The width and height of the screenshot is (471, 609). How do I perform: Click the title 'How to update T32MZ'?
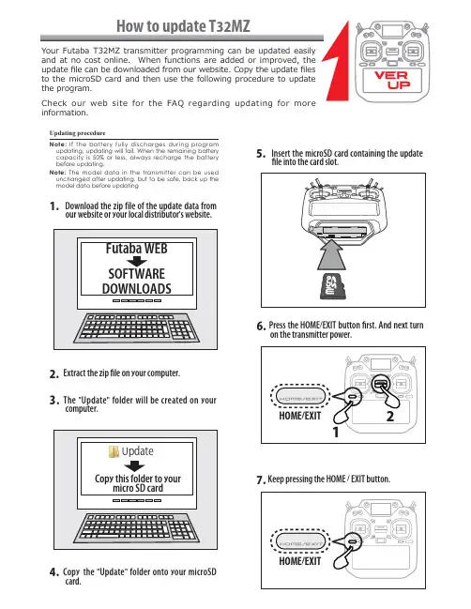pos(183,26)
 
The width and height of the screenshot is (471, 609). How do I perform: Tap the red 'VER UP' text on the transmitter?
pos(392,80)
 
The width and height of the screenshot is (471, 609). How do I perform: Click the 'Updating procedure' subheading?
pos(77,133)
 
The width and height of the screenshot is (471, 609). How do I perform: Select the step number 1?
pos(54,206)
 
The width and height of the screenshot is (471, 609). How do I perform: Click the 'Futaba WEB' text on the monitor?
pos(137,248)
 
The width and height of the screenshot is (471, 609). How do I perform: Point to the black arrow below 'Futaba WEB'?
pos(137,261)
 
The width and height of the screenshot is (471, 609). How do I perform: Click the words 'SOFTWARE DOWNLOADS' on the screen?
pos(137,282)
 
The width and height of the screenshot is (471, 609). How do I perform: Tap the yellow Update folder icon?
pos(114,451)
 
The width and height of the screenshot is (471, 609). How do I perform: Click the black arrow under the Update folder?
pos(134,466)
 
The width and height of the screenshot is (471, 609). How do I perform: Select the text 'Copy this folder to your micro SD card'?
pos(138,483)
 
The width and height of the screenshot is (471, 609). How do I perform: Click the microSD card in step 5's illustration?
pos(331,286)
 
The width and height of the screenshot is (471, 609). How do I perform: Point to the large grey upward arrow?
pos(331,255)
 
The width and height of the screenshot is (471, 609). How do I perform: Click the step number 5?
pos(261,153)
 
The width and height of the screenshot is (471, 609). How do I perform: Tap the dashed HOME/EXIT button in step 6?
pos(300,397)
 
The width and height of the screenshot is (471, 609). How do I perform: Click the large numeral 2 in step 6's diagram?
pos(390,416)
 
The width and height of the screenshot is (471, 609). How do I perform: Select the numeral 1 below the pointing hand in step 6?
pos(336,432)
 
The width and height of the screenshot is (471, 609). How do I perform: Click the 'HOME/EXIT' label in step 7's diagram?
pos(299,561)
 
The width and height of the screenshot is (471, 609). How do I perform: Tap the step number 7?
pos(261,480)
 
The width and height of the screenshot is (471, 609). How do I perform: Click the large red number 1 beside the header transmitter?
pos(336,61)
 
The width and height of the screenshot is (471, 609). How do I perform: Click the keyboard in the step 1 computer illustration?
pos(137,328)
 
